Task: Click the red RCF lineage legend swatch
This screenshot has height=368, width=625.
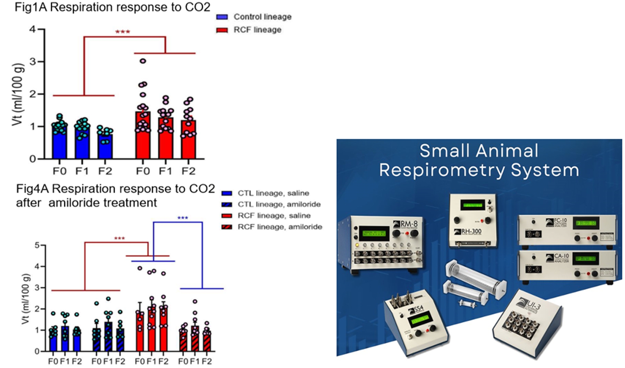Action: (222, 30)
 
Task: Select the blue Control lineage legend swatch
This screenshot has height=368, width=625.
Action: (222, 17)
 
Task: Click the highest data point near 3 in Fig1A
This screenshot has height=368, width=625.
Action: (143, 61)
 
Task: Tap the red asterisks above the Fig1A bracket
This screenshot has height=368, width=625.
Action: (122, 32)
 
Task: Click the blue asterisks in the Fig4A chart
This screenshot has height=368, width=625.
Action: (183, 218)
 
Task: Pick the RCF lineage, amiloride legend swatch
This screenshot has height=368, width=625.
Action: (227, 227)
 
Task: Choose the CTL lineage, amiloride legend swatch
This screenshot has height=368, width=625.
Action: (227, 205)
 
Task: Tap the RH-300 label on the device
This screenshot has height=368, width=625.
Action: (471, 231)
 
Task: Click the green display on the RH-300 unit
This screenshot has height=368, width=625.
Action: (472, 205)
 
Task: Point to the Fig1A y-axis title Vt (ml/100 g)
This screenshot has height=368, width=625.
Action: (18, 94)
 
